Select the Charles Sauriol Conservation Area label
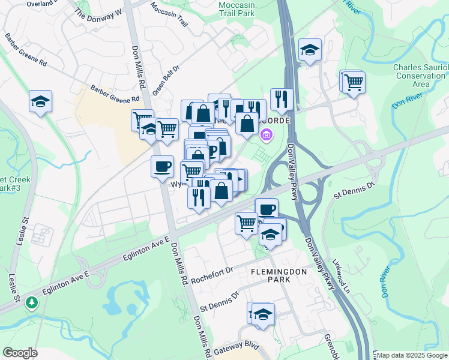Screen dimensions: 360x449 pos(420,76)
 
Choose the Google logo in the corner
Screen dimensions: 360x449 pos(20,353)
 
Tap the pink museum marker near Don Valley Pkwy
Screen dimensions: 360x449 pos(265,138)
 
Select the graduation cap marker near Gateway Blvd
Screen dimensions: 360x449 pos(262,314)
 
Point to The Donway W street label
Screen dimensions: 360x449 pos(98,12)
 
